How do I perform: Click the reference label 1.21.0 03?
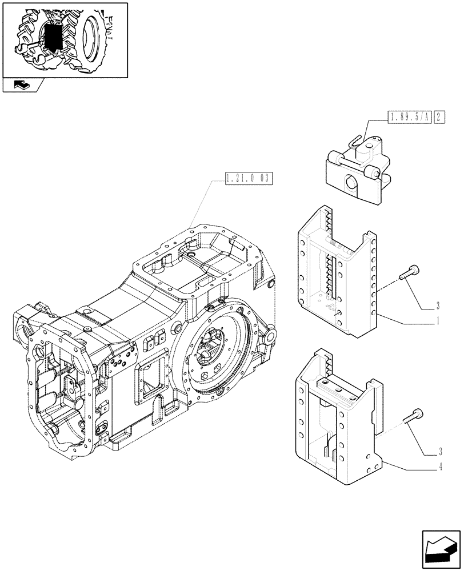[x=247, y=179]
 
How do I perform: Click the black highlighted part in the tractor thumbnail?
[x=53, y=37]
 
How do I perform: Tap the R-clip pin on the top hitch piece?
[x=358, y=140]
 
